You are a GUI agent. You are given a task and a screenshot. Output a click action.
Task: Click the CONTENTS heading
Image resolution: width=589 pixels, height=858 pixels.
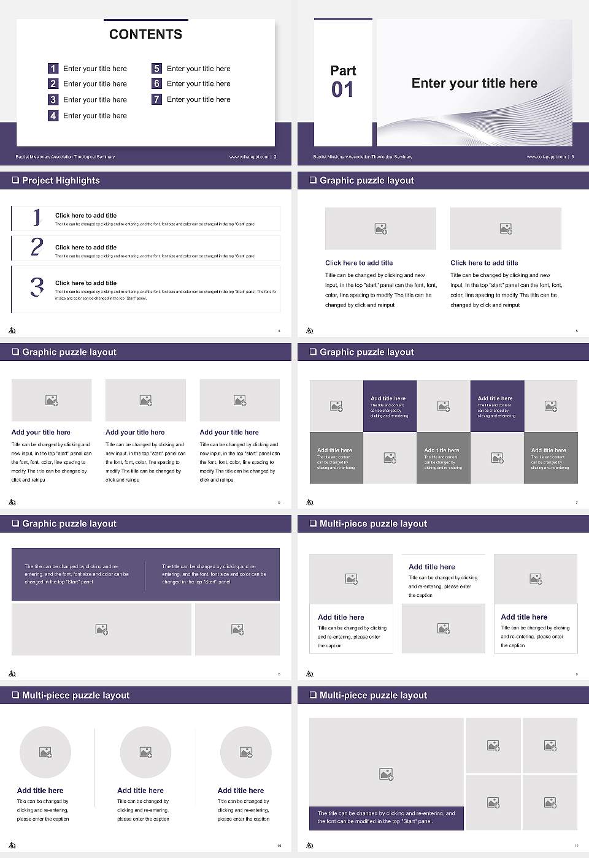pyautogui.click(x=145, y=34)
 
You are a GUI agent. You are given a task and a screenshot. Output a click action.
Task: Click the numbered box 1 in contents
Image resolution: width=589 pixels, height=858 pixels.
pyautogui.click(x=53, y=69)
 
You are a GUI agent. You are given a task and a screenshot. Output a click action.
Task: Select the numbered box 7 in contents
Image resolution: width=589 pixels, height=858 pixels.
pyautogui.click(x=157, y=99)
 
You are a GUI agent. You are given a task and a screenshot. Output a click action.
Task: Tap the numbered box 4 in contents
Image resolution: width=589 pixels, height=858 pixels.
pyautogui.click(x=53, y=115)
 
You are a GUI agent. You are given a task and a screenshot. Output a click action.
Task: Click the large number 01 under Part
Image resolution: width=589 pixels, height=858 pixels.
pyautogui.click(x=342, y=90)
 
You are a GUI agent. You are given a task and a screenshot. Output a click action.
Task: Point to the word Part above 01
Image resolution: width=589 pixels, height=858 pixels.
pyautogui.click(x=343, y=70)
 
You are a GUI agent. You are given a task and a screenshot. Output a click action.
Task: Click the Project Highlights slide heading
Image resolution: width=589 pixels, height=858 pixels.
pyautogui.click(x=61, y=181)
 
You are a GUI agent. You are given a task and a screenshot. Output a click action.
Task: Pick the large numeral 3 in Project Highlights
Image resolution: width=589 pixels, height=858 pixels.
pyautogui.click(x=37, y=287)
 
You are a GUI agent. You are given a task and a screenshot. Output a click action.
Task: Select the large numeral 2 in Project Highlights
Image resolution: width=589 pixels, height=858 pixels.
pyautogui.click(x=37, y=247)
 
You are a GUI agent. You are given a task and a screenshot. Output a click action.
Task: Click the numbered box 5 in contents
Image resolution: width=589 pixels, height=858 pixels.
pyautogui.click(x=157, y=69)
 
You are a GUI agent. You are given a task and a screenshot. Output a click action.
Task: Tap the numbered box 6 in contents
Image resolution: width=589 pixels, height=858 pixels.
pyautogui.click(x=157, y=83)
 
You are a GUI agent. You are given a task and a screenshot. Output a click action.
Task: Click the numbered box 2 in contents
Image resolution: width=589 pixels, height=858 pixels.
pyautogui.click(x=53, y=84)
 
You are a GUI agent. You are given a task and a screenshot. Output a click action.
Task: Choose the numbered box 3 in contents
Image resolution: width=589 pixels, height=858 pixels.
pyautogui.click(x=53, y=99)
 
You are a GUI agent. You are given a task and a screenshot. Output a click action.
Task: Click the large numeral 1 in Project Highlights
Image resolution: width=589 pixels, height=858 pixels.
pyautogui.click(x=37, y=217)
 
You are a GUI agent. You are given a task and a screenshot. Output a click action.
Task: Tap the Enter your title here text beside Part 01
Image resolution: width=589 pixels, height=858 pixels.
pyautogui.click(x=474, y=83)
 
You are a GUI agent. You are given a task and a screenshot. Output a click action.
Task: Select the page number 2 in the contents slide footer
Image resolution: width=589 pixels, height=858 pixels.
pyautogui.click(x=275, y=157)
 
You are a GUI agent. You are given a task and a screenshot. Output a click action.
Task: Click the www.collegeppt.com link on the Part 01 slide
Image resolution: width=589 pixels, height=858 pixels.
pyautogui.click(x=546, y=157)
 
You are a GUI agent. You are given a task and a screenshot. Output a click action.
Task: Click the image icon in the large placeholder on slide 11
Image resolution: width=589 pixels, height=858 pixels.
pyautogui.click(x=386, y=775)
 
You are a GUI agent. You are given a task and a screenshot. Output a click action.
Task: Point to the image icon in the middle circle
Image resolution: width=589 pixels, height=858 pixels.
pyautogui.click(x=145, y=752)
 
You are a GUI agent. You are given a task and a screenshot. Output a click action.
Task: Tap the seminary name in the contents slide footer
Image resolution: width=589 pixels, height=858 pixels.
pyautogui.click(x=65, y=157)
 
